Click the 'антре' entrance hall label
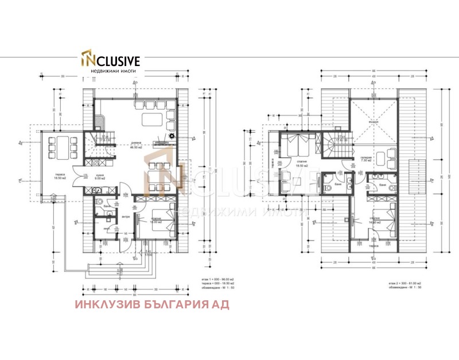click(x=126, y=216)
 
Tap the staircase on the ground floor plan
click(x=99, y=146)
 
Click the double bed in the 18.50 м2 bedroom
click(x=299, y=144)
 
